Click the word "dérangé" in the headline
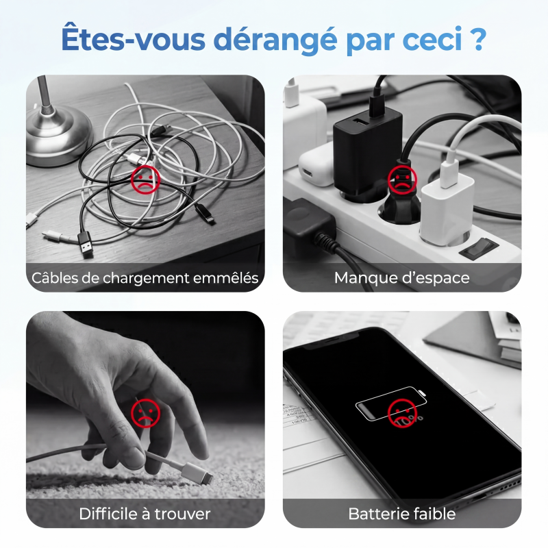[x=275, y=40]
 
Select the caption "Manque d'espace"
[x=402, y=278]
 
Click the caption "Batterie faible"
[x=402, y=514]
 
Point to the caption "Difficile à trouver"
[x=145, y=514]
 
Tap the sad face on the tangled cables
[x=145, y=180]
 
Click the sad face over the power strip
[x=402, y=180]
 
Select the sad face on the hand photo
[x=145, y=414]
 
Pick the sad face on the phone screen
[x=402, y=414]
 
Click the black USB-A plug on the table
[x=86, y=244]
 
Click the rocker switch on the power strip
[x=479, y=247]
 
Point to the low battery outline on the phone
[x=391, y=403]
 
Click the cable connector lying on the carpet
[x=197, y=473]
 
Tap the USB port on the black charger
[x=359, y=122]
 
